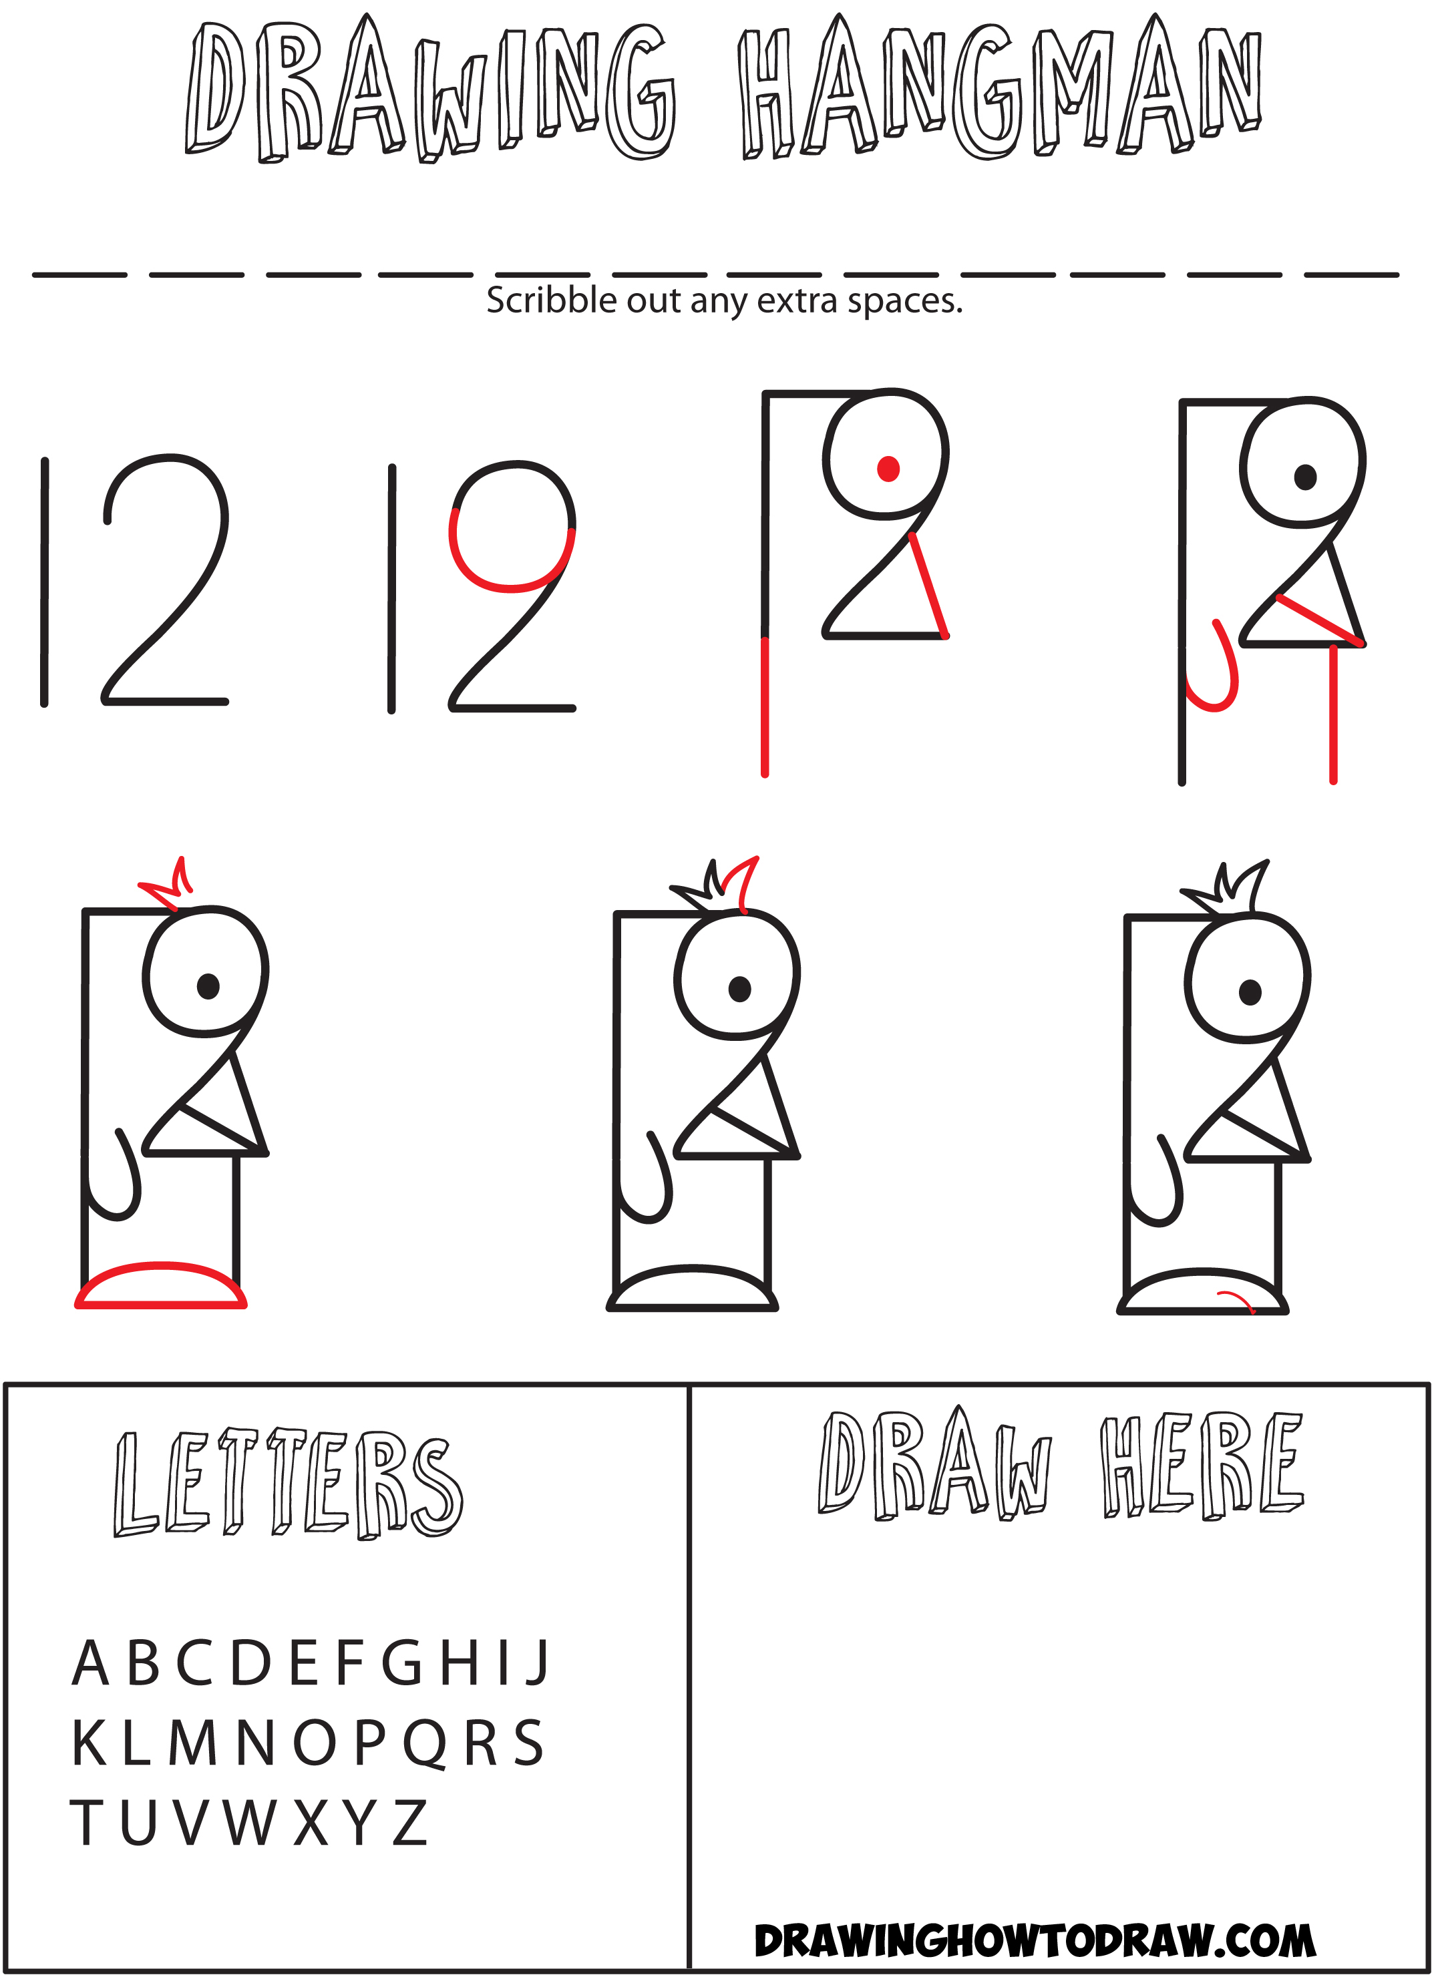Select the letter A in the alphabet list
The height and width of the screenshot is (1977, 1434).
click(x=91, y=1663)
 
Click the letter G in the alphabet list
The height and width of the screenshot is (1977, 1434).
click(x=403, y=1663)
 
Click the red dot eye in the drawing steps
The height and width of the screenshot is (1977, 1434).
click(x=888, y=469)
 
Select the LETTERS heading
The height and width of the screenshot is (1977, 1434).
click(x=288, y=1484)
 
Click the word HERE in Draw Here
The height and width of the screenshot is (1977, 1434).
click(x=1202, y=1467)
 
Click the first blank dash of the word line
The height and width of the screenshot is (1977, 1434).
click(x=79, y=274)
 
